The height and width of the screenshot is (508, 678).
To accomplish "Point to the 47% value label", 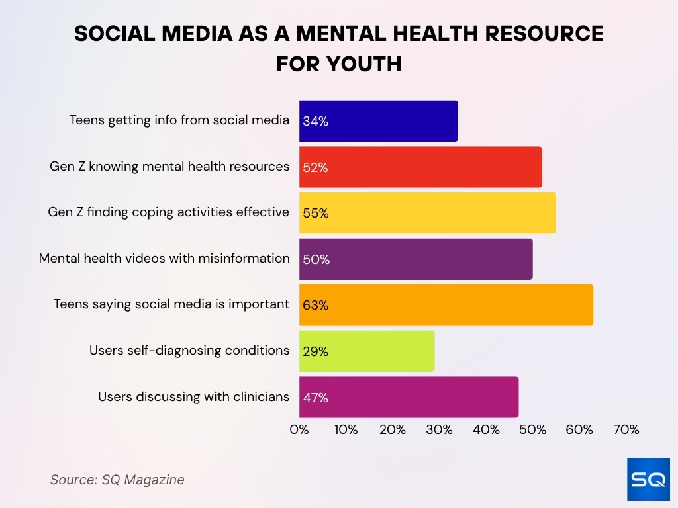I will pos(316,398).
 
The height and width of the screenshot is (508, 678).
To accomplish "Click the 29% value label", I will pos(316,351).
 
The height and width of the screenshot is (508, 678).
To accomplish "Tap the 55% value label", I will pos(316,214).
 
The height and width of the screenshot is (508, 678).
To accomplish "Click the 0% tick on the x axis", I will pos(299,429).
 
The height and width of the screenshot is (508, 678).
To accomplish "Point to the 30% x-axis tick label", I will pos(439,429).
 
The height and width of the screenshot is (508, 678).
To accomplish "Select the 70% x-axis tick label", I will pos(626,429).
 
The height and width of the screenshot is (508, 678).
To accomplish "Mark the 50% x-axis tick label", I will pos(532,429).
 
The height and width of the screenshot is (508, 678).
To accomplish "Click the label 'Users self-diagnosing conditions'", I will pos(189,350).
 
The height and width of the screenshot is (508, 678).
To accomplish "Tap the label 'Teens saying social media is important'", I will pos(171,304).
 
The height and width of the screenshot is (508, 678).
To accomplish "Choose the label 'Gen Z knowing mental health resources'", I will pos(169,167).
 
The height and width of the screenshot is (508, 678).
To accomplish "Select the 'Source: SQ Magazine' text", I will pos(117,480).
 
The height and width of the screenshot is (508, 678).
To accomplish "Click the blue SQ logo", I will pos(648,479).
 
